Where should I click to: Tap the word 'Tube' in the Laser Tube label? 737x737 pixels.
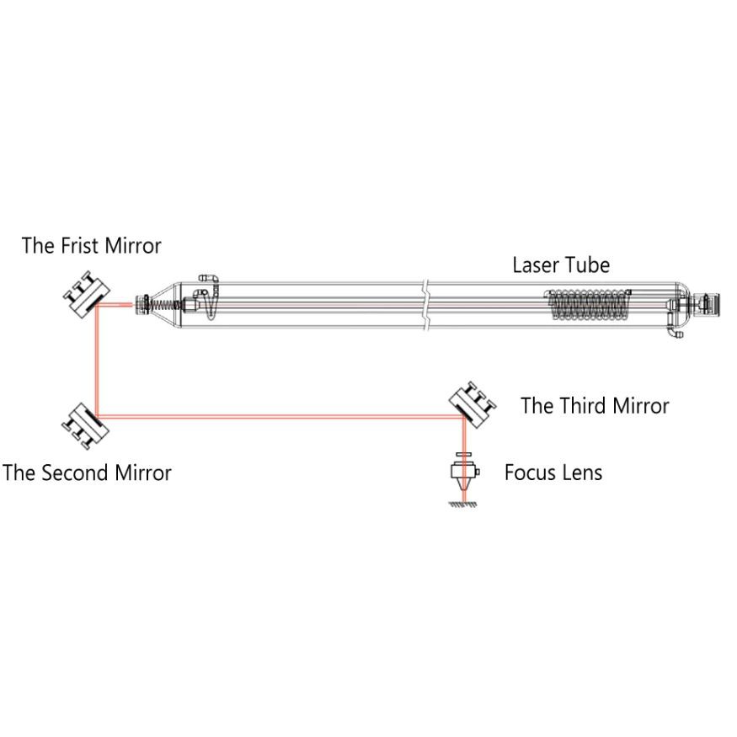coord(590,265)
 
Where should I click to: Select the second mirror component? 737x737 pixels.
coord(86,426)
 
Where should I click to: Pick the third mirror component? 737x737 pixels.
coord(473,404)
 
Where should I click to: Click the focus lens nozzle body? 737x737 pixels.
coord(464,473)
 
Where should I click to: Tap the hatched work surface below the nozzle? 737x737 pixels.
coord(463,505)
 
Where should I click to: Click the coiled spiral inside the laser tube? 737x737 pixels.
coord(589,306)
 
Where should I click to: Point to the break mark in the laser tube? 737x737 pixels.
coord(425,306)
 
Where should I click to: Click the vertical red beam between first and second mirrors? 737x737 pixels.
coord(97,360)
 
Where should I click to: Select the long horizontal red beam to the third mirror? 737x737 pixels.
coord(280,416)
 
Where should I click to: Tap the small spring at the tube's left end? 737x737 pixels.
coord(163,304)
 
